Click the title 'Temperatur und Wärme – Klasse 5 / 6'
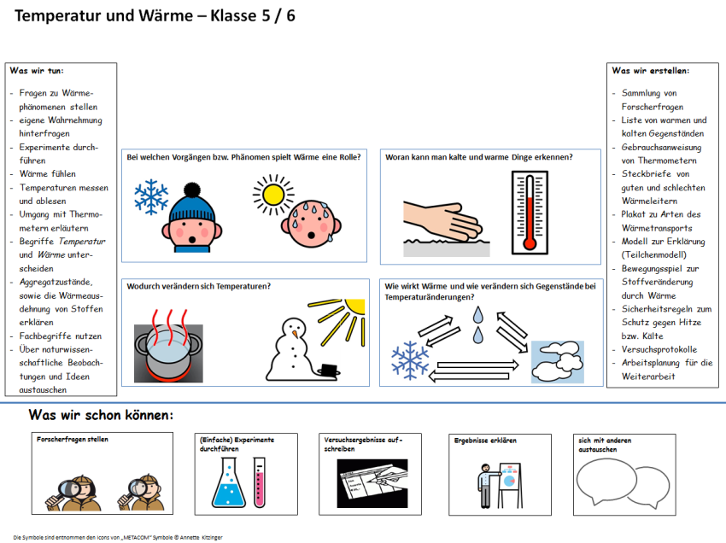click(155, 16)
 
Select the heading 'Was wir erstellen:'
click(651, 71)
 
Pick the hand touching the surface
click(444, 221)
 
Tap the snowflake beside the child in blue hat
click(151, 196)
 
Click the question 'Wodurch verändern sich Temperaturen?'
click(199, 286)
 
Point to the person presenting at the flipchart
click(485, 488)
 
